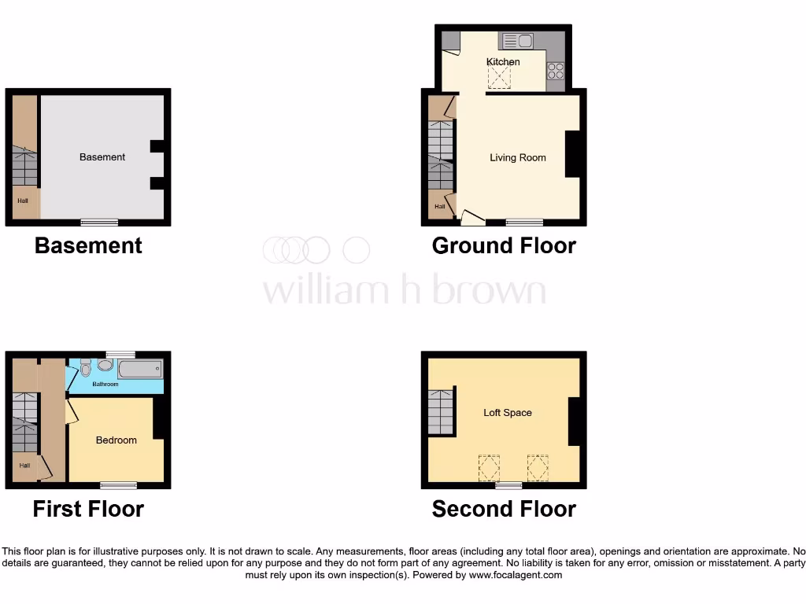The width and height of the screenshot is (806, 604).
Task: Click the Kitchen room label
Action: tap(503, 61)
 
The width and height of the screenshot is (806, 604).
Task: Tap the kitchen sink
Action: tap(516, 40)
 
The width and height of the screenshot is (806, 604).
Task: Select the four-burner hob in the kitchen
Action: tap(556, 71)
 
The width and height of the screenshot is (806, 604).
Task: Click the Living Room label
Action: tap(517, 157)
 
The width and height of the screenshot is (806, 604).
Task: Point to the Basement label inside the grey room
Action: tap(102, 157)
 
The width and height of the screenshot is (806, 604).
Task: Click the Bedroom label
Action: tap(116, 440)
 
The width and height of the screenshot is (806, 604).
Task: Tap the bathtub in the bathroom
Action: tap(139, 369)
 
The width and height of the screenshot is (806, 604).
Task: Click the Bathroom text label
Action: tap(105, 385)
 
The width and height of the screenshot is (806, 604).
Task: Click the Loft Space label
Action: tap(508, 412)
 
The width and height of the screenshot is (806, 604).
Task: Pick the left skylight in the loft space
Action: tap(489, 468)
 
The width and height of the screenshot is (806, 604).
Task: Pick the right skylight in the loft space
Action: tap(538, 468)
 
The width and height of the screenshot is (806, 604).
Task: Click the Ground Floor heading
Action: tap(504, 245)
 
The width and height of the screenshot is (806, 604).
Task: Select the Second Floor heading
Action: tap(504, 509)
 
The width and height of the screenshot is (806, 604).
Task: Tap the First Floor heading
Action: tap(88, 509)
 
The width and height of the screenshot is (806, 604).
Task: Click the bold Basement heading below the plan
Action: tap(88, 245)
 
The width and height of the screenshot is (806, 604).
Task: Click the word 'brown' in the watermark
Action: tap(489, 290)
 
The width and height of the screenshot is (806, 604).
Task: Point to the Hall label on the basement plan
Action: tap(23, 201)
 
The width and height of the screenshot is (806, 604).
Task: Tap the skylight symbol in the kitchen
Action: tap(499, 77)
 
